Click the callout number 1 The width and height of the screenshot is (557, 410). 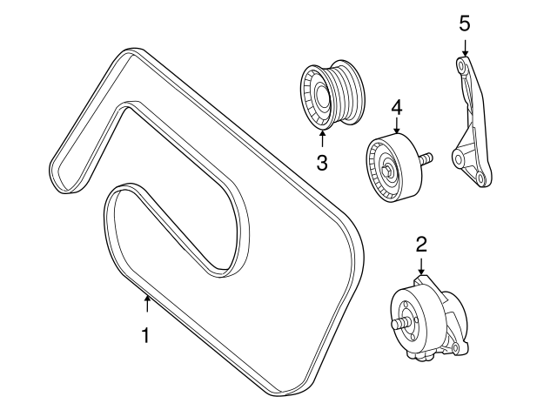point(145,335)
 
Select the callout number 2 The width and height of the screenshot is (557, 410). point(421,245)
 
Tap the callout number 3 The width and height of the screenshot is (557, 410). point(322,163)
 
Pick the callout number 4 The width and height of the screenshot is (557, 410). point(397,107)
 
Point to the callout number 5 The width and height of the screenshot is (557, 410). point(464,24)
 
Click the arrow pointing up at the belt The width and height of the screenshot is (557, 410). point(147,304)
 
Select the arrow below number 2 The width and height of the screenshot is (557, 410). point(421,266)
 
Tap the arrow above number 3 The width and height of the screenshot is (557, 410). point(322,138)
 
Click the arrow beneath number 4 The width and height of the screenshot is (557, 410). point(397,125)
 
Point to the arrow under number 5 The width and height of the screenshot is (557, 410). point(465,47)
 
